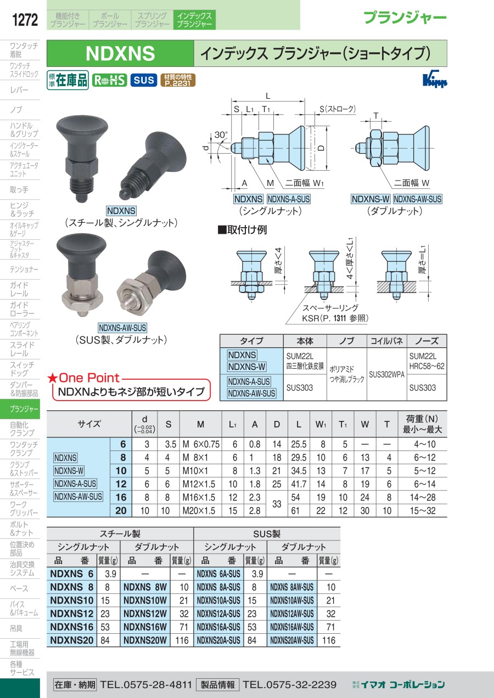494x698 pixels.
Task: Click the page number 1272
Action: [x=25, y=20]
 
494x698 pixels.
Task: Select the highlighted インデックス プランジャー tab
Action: [x=194, y=20]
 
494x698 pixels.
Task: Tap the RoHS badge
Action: [x=109, y=81]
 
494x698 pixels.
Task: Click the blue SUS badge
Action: [x=144, y=81]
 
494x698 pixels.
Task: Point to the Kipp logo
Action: [x=435, y=79]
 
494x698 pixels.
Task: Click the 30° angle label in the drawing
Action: [x=221, y=135]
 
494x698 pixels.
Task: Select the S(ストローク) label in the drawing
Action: [x=338, y=109]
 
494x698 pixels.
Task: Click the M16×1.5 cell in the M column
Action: [x=199, y=497]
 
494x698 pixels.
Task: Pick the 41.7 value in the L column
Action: [x=299, y=484]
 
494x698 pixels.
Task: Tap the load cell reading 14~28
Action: [x=423, y=497]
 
